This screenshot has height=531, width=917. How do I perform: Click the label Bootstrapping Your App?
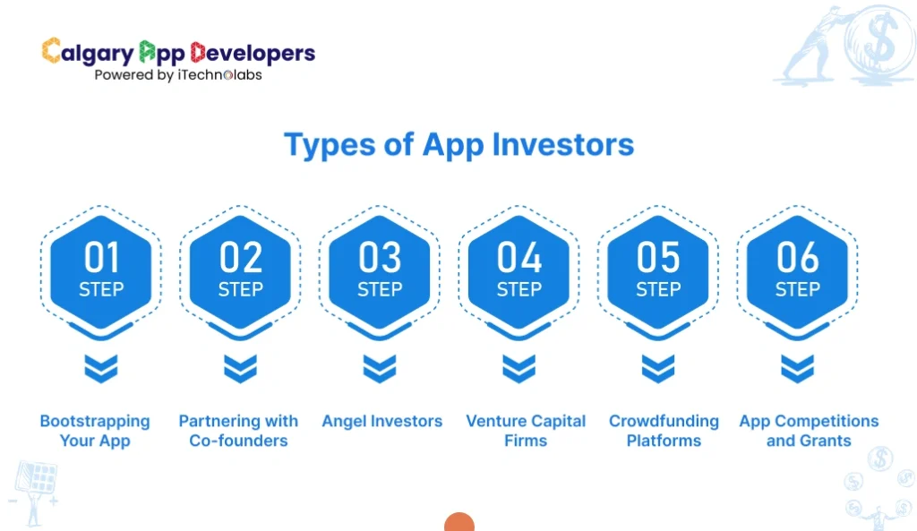point(95,431)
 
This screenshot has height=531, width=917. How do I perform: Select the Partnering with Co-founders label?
point(238,431)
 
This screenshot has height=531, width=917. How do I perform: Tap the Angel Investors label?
point(382,421)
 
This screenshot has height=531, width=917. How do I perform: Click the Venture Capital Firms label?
point(526,431)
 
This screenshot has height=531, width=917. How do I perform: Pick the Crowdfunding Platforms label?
point(664,431)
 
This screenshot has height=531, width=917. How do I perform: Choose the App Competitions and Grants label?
point(809,431)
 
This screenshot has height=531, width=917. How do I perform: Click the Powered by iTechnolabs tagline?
point(178,75)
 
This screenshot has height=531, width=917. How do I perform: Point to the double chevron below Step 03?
point(380,368)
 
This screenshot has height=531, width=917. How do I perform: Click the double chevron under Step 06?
point(797,368)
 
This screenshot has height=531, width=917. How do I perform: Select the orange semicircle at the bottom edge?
point(459,523)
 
